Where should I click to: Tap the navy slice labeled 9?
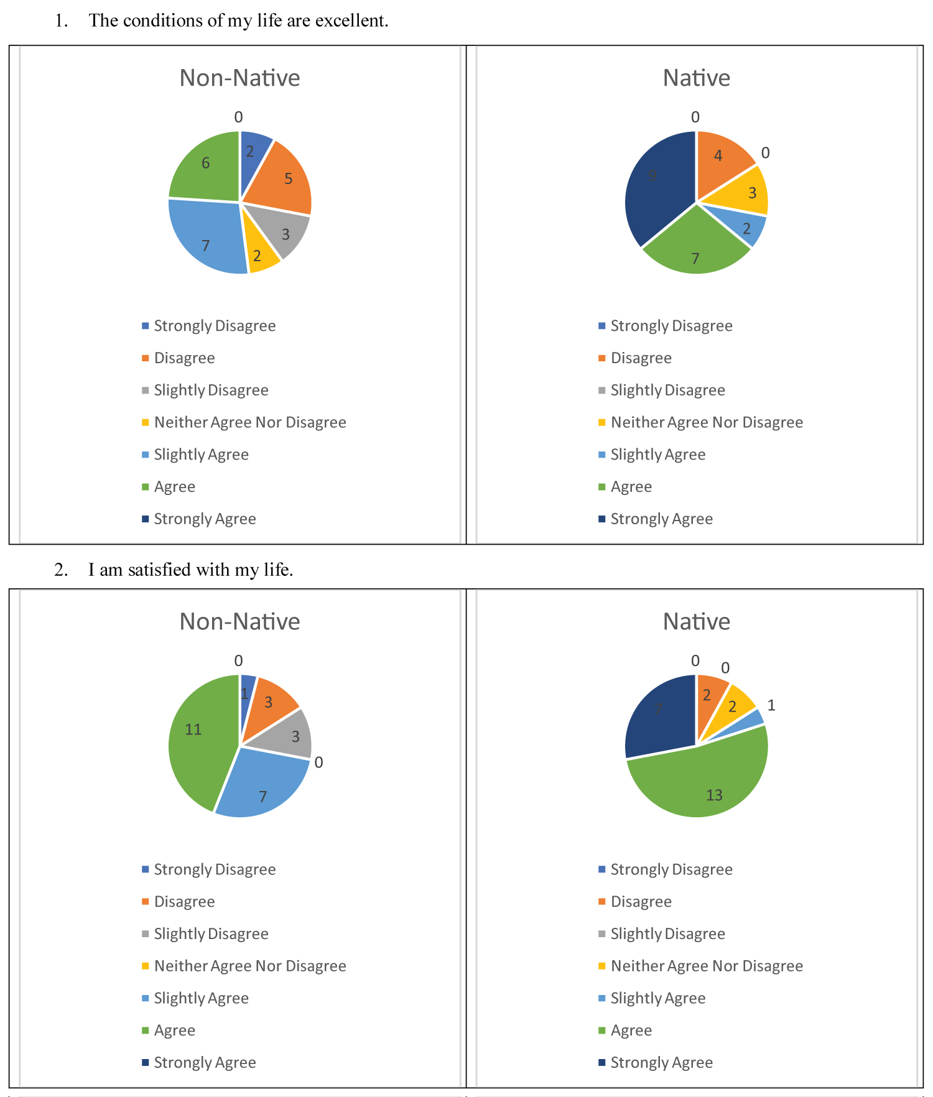click(659, 187)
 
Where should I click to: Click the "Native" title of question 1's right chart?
click(696, 78)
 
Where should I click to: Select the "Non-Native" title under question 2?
click(239, 622)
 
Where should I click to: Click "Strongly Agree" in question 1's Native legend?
click(661, 519)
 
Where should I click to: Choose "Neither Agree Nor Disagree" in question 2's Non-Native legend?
click(250, 966)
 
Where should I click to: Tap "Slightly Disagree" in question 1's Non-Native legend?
click(211, 391)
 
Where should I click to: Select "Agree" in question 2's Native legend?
click(631, 1030)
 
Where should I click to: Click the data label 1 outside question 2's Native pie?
click(771, 705)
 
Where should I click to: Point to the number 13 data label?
click(714, 795)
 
